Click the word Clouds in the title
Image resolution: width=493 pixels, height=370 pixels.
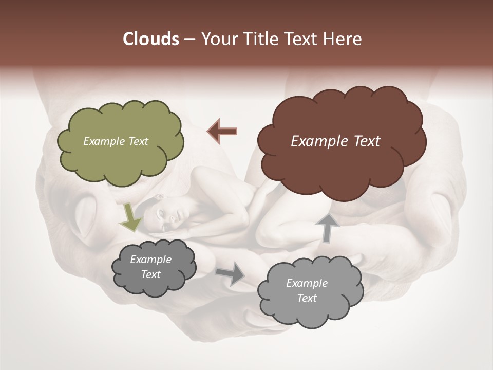pyautogui.click(x=151, y=39)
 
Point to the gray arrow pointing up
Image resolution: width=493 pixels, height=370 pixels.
pyautogui.click(x=327, y=227)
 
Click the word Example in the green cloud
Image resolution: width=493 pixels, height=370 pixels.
pyautogui.click(x=102, y=141)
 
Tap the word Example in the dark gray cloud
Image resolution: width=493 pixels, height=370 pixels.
pyautogui.click(x=150, y=260)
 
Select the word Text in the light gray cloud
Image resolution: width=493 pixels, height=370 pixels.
pyautogui.click(x=307, y=298)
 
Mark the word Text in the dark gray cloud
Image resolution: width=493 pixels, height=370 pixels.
pyautogui.click(x=150, y=274)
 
